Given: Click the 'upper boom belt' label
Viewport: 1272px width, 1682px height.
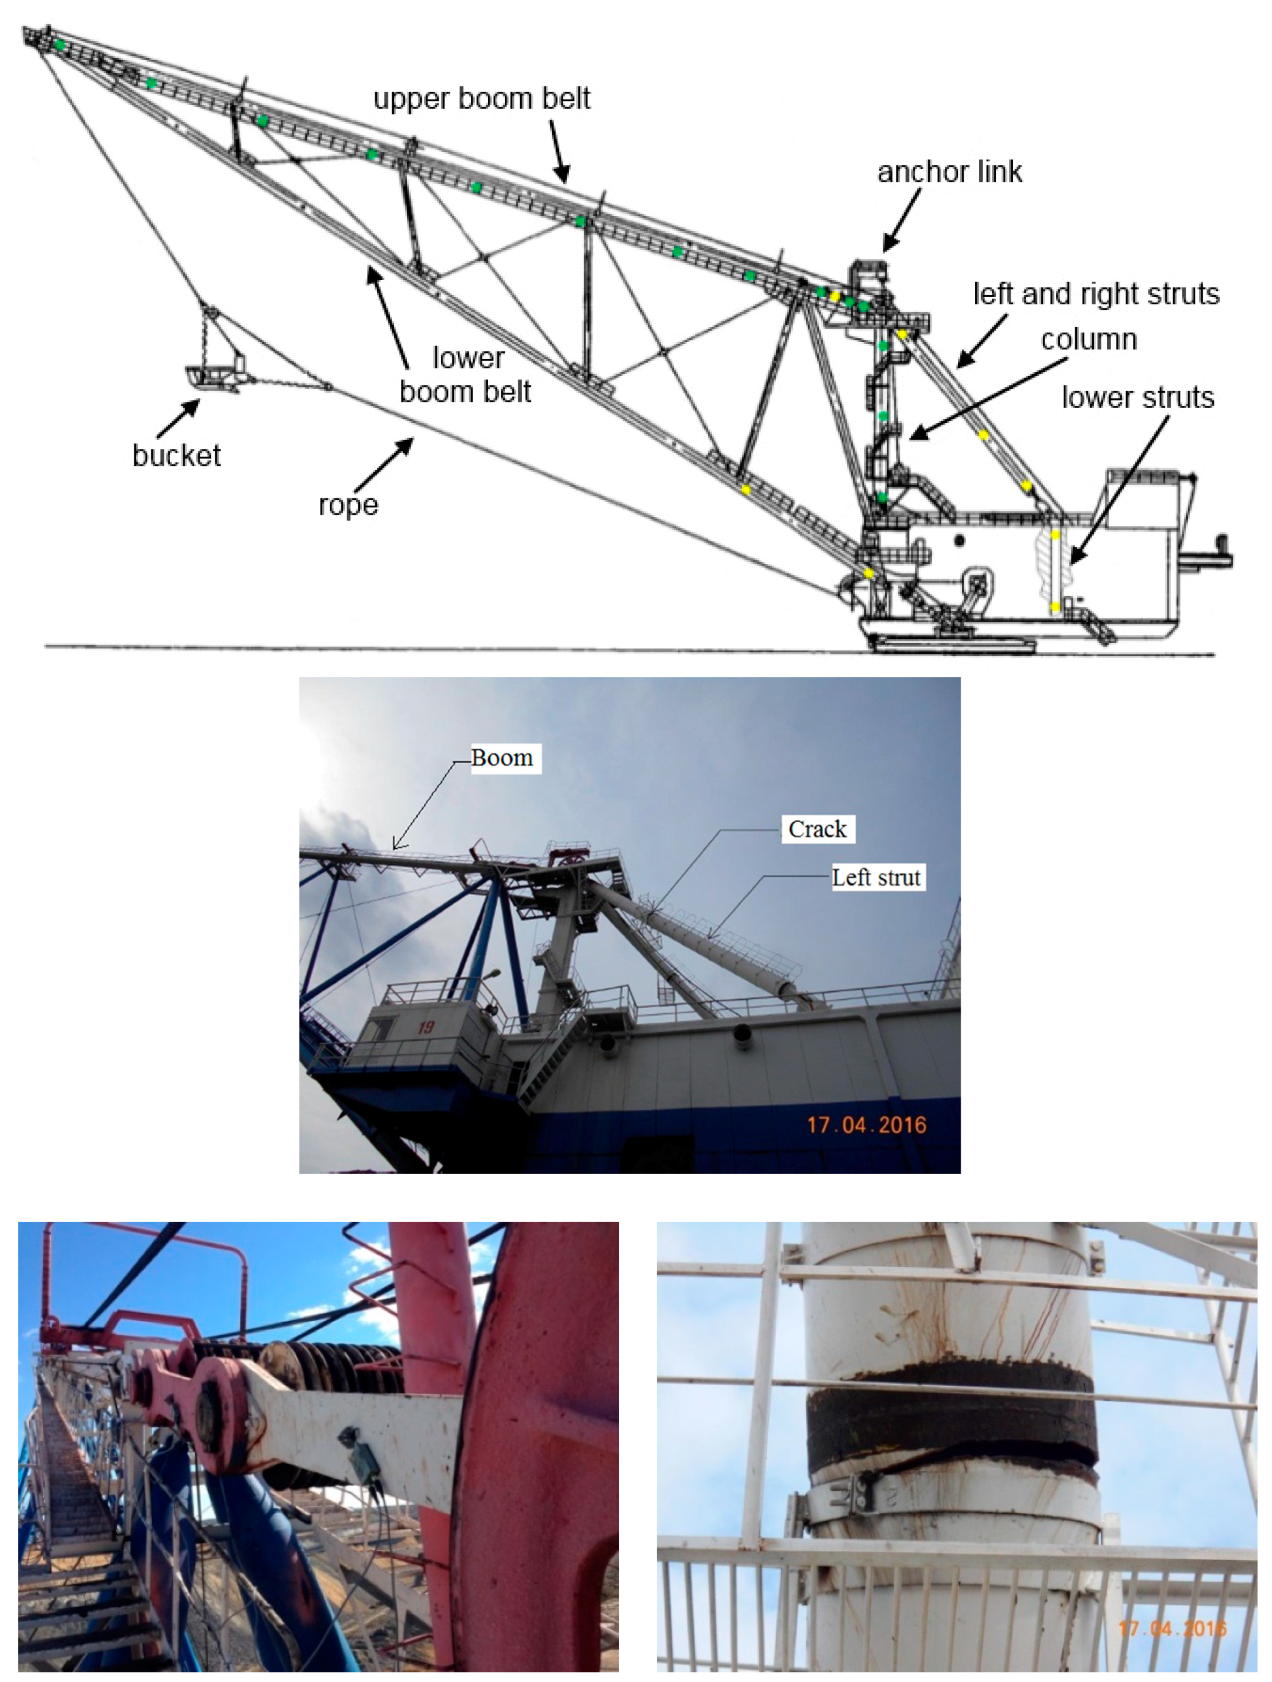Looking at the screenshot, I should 482,99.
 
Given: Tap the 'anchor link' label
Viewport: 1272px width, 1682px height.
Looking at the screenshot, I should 949,172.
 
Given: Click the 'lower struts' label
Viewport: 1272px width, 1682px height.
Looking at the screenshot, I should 1137,397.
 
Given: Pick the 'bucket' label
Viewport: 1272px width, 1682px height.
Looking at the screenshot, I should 176,456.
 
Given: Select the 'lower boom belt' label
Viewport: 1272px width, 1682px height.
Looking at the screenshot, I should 466,375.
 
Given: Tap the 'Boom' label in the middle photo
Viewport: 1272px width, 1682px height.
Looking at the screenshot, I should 502,758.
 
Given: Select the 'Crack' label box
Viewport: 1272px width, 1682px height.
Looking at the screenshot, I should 817,829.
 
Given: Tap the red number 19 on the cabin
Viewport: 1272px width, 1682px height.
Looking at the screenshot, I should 425,1027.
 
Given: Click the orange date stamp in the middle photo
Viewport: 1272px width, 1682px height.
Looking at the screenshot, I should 867,1125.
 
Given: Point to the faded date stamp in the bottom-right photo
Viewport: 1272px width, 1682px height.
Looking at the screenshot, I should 1172,1629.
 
